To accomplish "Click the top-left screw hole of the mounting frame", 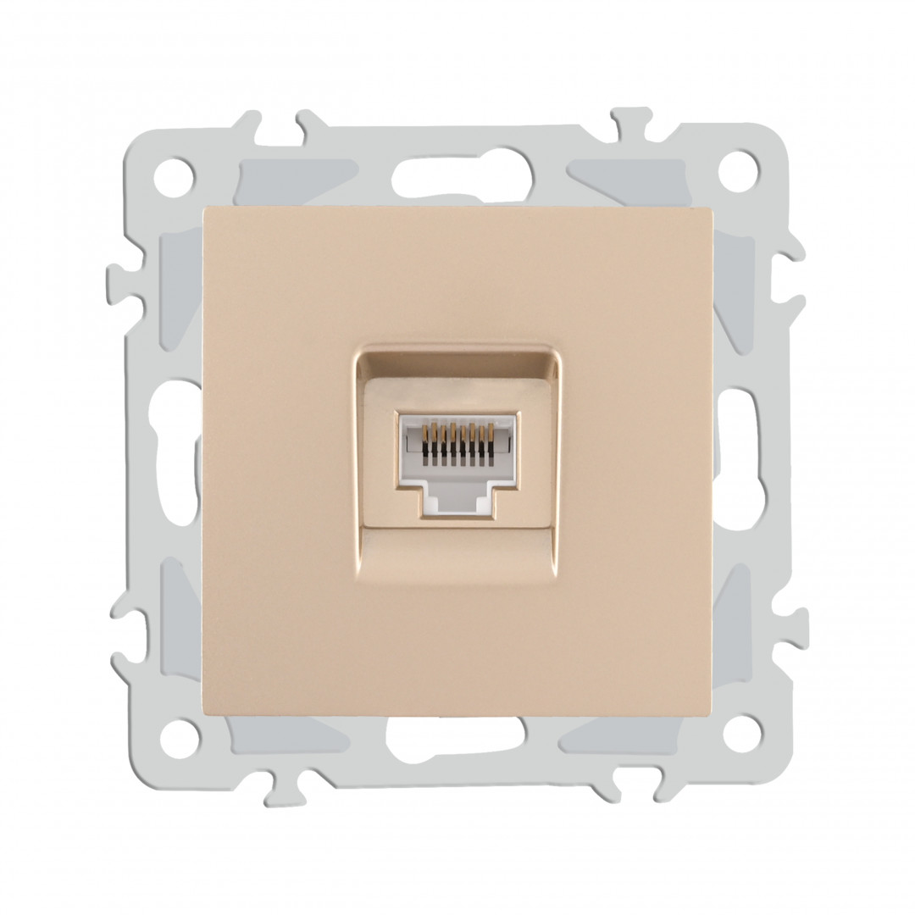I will click(174, 177).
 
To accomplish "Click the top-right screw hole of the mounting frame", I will click(738, 172).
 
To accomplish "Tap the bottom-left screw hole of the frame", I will click(179, 738).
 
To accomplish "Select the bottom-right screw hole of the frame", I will click(742, 733).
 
